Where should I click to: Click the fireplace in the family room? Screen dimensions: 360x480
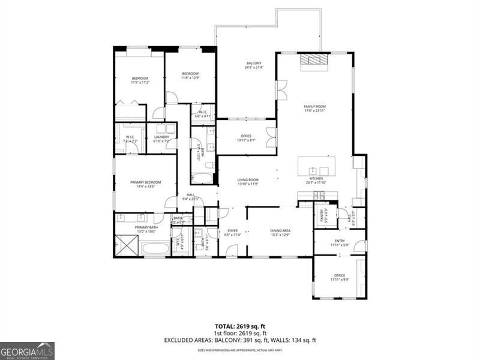click(x=315, y=59)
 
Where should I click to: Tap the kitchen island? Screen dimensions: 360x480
click(x=317, y=166)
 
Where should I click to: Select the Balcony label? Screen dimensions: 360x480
click(x=253, y=63)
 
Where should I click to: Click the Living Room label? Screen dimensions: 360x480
click(x=248, y=179)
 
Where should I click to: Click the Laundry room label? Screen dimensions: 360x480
click(x=161, y=137)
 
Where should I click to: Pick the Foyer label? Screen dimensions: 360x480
click(x=232, y=230)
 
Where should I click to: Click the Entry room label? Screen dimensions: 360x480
click(x=340, y=241)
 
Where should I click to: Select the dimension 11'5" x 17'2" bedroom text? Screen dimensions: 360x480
click(x=140, y=83)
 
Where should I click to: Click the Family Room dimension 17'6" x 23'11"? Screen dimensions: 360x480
click(x=314, y=110)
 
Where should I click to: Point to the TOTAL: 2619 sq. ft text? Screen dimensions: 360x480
click(x=240, y=326)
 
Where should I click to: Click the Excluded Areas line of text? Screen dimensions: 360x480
click(x=240, y=340)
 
